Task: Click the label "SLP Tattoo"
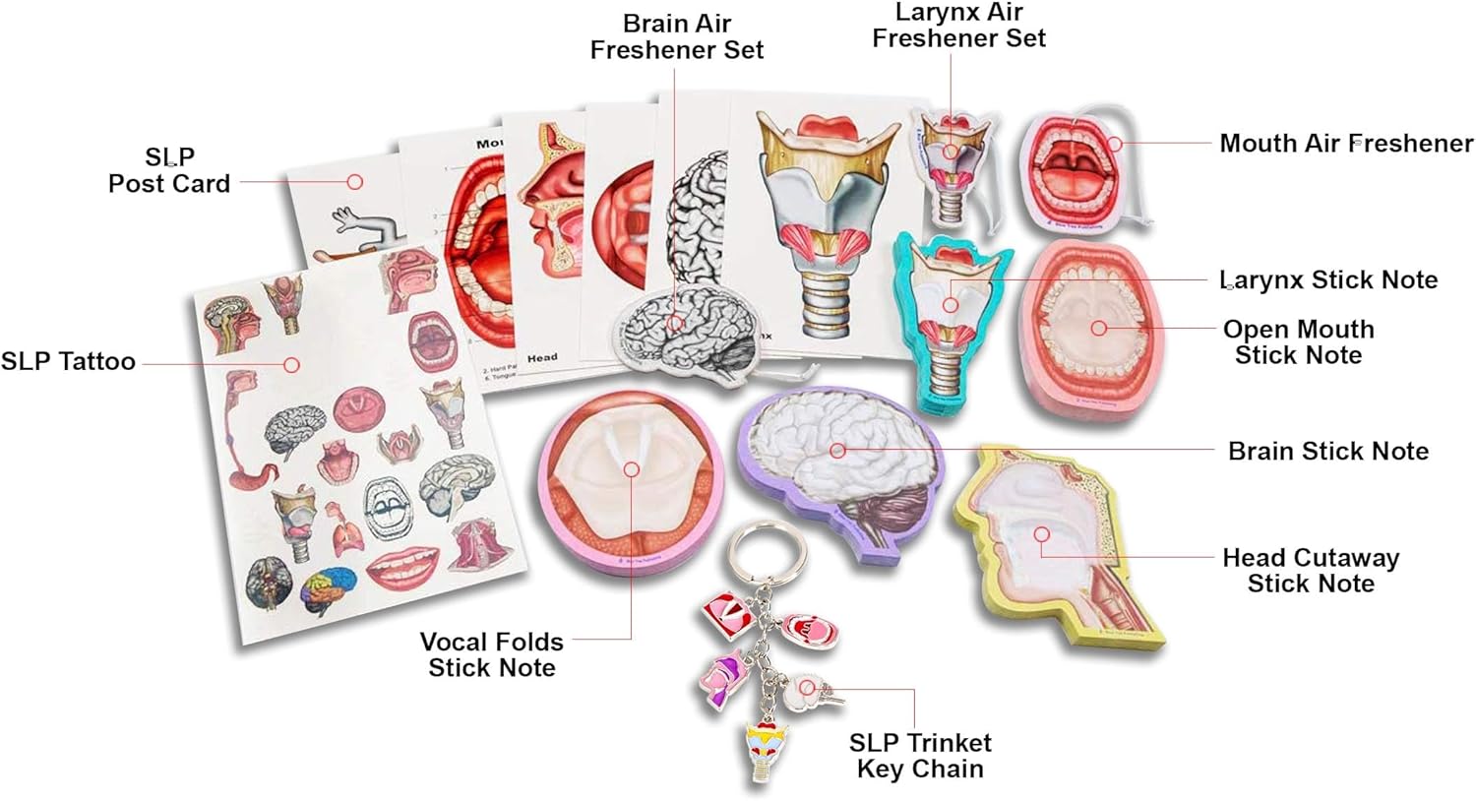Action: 68,361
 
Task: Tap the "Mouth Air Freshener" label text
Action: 1345,144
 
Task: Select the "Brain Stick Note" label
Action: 1327,452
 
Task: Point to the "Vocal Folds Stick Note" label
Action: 491,654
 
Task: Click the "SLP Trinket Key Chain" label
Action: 919,755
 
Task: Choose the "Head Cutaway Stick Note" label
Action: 1310,571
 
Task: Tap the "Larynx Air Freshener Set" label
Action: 958,26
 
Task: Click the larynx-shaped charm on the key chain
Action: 769,748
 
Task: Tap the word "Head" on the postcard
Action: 542,357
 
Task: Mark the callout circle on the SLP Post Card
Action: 355,182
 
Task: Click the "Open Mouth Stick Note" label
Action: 1298,341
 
